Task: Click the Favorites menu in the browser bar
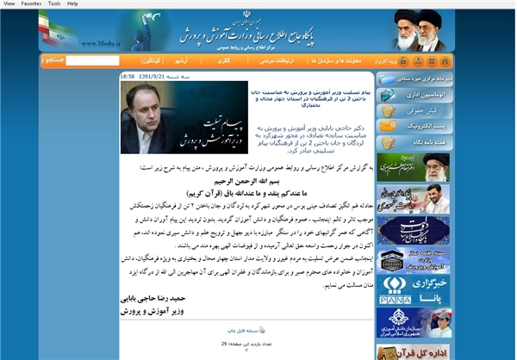pyautogui.click(x=31, y=3)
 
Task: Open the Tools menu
pyautogui.click(x=54, y=3)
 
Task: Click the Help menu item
pyautogui.click(x=72, y=3)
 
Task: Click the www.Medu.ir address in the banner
pyautogui.click(x=101, y=40)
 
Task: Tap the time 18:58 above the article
pyautogui.click(x=127, y=76)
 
